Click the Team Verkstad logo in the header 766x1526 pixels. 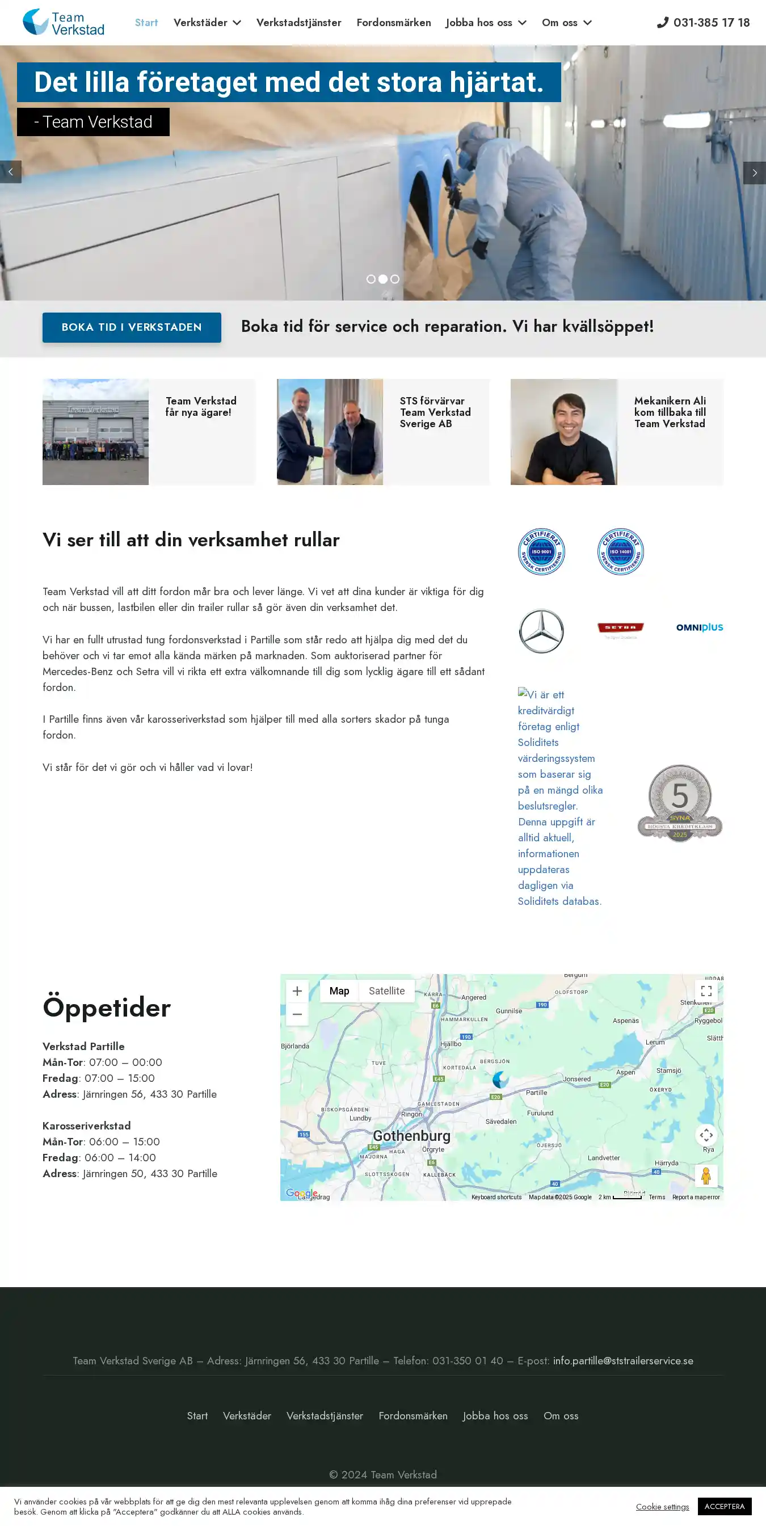64,23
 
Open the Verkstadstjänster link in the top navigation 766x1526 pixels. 298,23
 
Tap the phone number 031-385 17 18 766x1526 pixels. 703,23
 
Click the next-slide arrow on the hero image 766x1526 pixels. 754,173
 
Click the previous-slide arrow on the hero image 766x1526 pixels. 11,172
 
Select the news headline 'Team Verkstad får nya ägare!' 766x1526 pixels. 200,406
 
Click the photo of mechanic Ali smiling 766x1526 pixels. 563,432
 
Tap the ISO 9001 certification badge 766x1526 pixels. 541,551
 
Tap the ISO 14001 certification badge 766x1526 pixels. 620,551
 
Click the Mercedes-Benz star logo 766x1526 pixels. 541,631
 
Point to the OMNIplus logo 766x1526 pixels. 699,627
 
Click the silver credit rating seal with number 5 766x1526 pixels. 680,803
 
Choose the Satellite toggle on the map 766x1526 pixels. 386,990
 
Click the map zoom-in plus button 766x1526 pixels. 297,990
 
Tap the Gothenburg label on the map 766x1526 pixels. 411,1136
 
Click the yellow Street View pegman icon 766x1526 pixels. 706,1176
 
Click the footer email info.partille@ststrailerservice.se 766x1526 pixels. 622,1361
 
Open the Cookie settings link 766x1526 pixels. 662,1507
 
